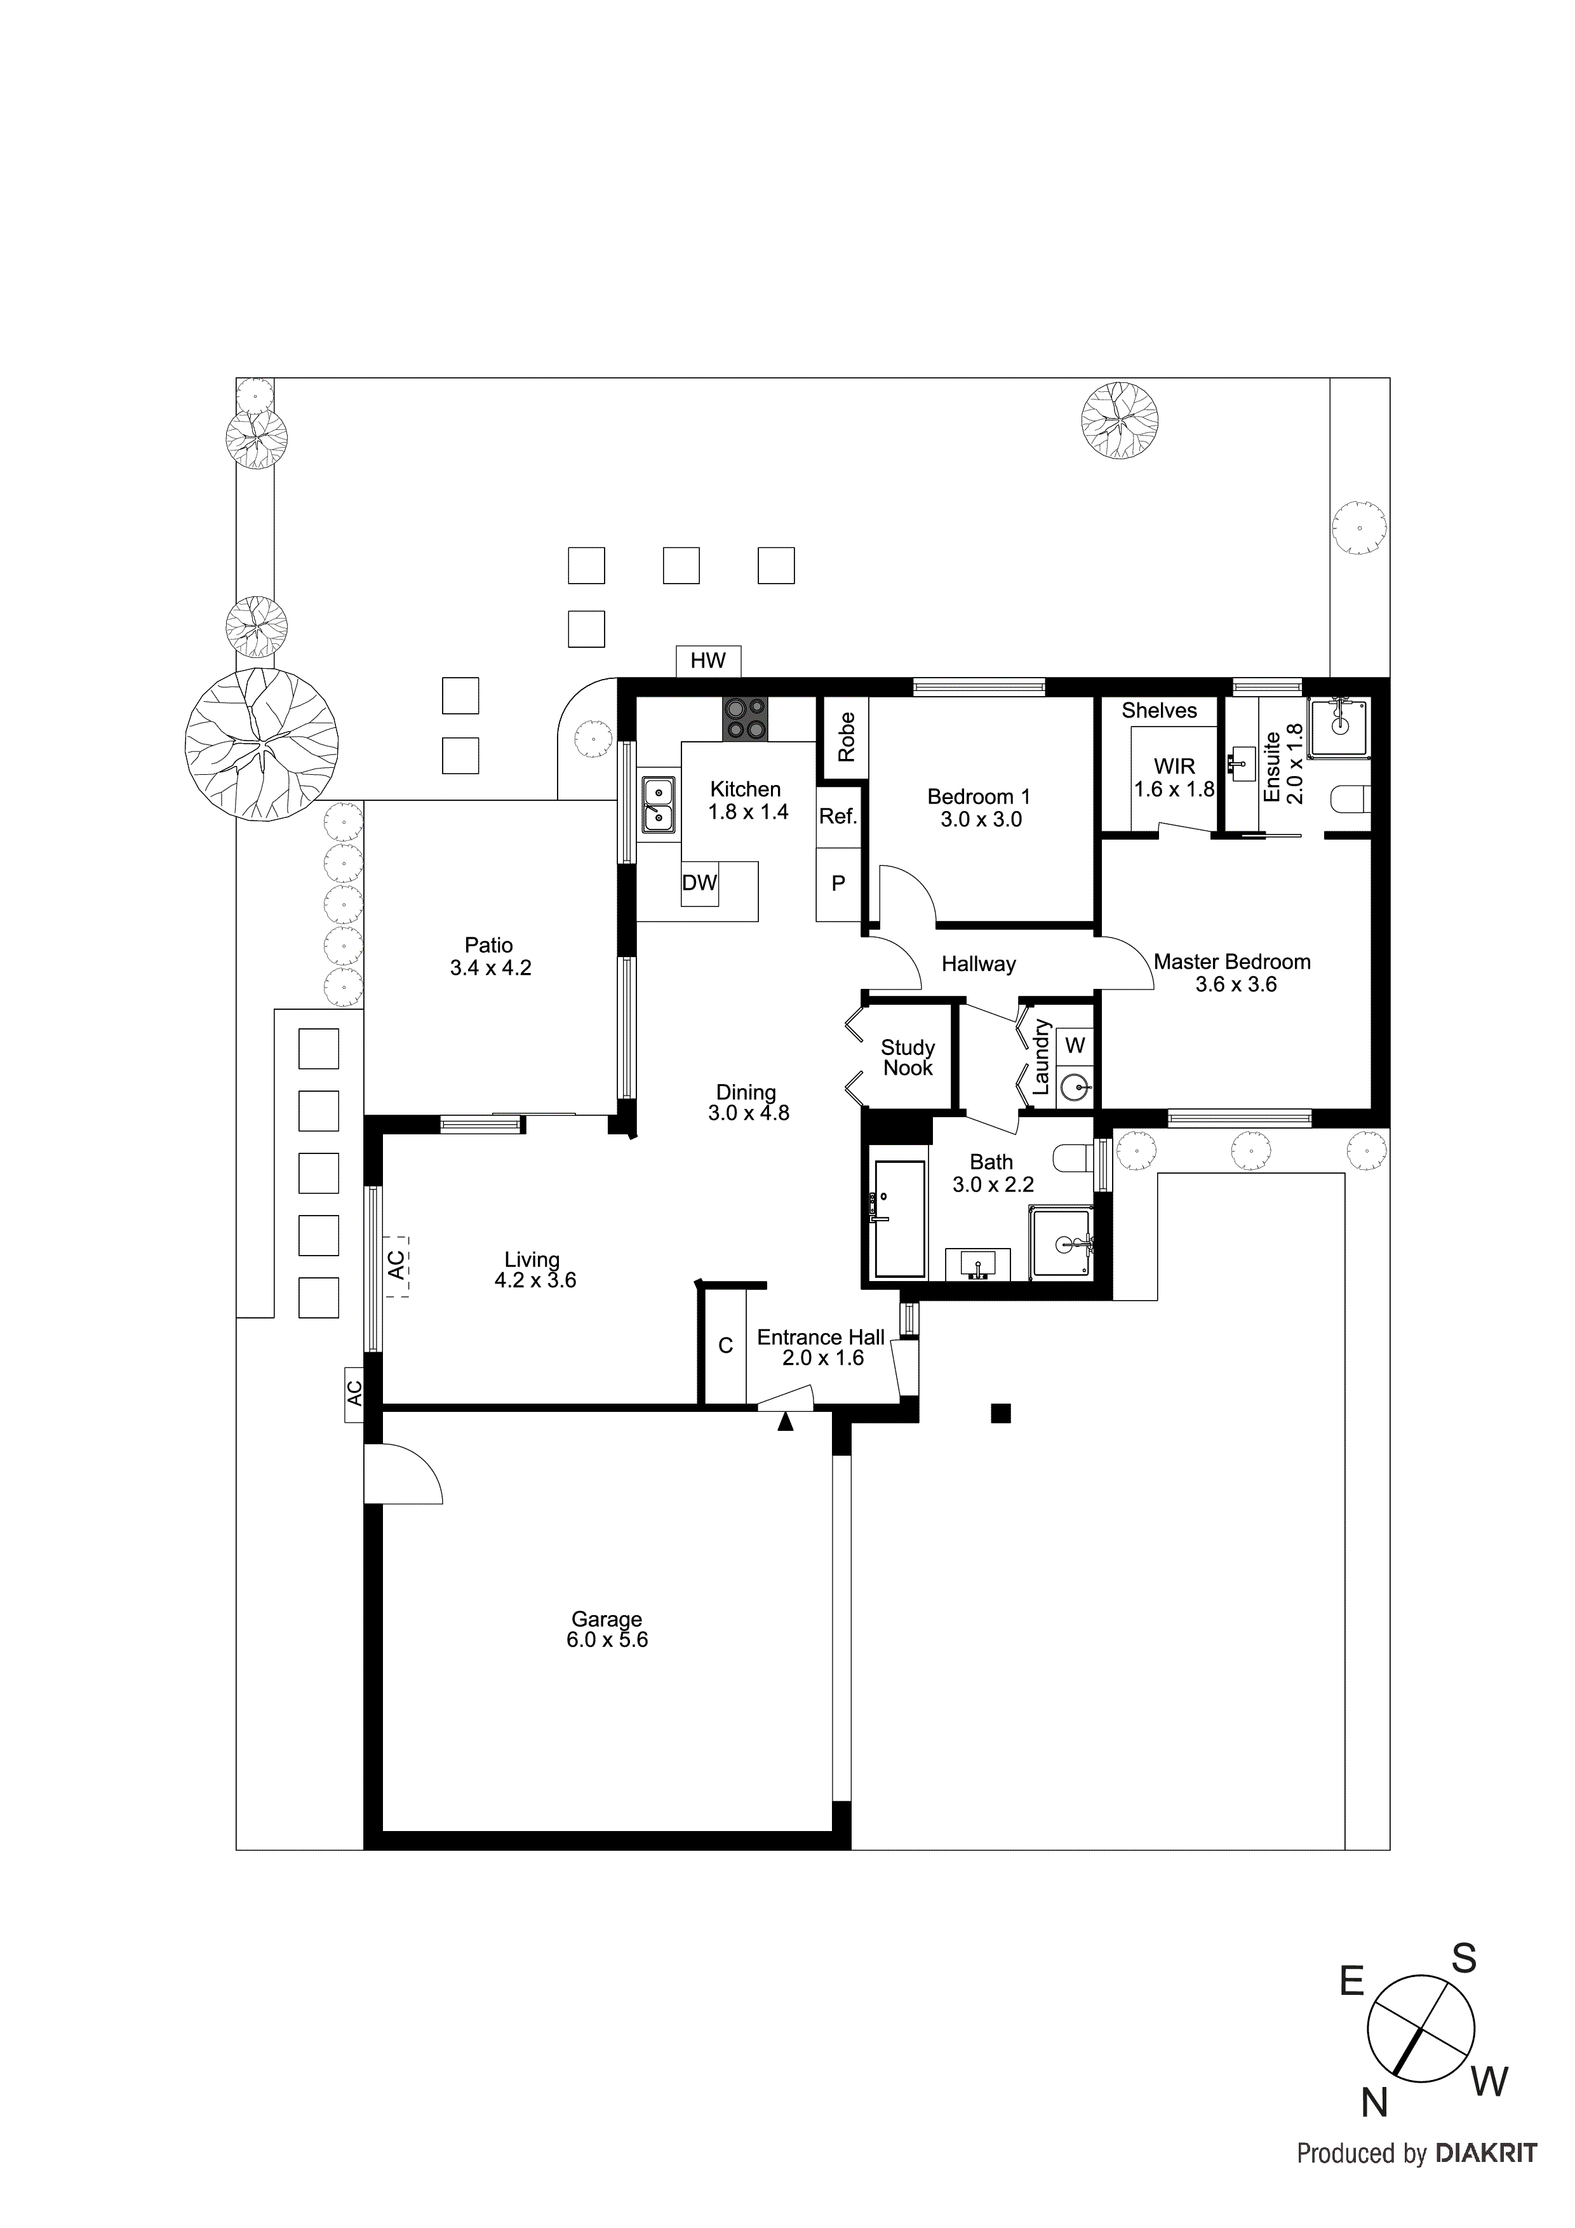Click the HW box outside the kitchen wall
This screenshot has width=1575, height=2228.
click(707, 661)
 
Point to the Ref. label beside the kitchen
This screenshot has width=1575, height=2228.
click(838, 817)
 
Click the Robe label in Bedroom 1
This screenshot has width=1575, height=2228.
click(846, 737)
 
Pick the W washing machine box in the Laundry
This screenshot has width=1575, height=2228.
click(1075, 1046)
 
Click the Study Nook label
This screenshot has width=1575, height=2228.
click(908, 1057)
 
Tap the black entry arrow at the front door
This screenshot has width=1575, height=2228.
click(785, 1423)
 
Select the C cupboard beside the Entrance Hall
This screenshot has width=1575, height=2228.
click(725, 1346)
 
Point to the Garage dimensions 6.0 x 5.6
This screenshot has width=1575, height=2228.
click(608, 1640)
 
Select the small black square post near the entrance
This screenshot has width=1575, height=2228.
click(1000, 1414)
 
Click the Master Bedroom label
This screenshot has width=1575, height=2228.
click(1231, 962)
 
